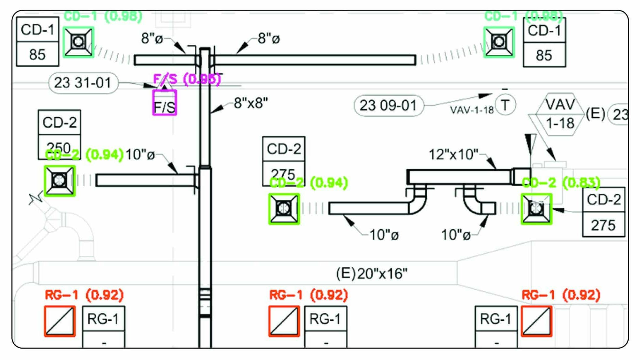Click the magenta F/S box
point(165,103)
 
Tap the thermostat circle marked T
point(505,105)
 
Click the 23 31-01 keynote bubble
point(83,83)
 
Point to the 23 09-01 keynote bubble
point(388,106)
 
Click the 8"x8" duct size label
point(251,103)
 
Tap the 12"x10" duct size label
point(453,155)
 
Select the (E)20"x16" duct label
point(372,273)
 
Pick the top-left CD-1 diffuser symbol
point(78,42)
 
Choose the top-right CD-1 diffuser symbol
point(499,42)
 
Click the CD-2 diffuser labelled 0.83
point(536,209)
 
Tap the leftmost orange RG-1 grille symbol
point(60,321)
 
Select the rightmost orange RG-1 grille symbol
point(536,321)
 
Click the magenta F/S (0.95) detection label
point(187,79)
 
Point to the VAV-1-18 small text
point(472,110)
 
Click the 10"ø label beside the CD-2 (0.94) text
point(140,155)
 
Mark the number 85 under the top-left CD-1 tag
point(37,55)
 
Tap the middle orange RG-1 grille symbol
point(284,321)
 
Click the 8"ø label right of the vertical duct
point(269,39)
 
